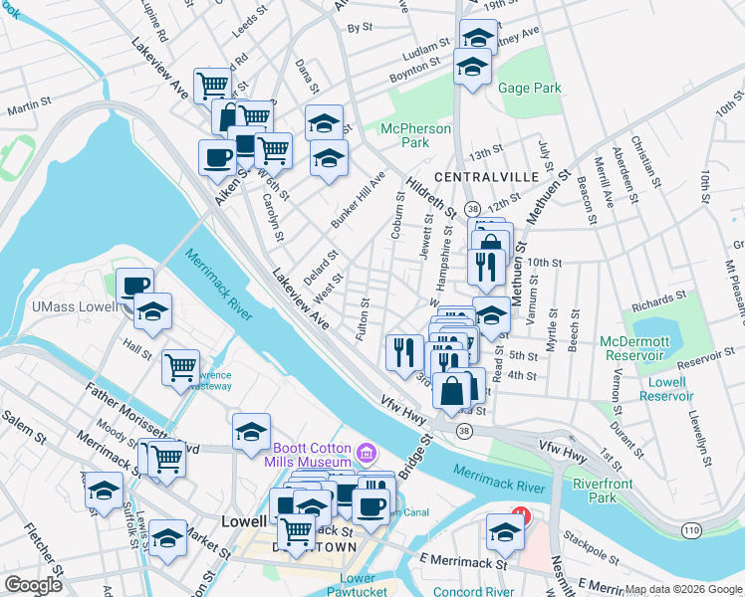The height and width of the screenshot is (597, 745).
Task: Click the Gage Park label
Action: click(529, 88)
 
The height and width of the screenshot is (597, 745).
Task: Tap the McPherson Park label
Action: click(415, 136)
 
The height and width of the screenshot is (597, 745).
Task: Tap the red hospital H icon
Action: click(519, 516)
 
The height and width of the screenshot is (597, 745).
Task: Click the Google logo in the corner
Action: click(32, 585)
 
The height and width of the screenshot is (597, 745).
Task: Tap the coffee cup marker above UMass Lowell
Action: click(135, 287)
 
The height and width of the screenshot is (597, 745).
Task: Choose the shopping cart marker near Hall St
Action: click(180, 367)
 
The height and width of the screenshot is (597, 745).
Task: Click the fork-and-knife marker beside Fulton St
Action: click(404, 352)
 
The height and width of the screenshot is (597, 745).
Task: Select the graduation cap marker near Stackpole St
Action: click(505, 533)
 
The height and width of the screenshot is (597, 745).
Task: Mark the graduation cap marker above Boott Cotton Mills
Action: click(251, 431)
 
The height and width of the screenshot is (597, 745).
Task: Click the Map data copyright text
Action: click(683, 589)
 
